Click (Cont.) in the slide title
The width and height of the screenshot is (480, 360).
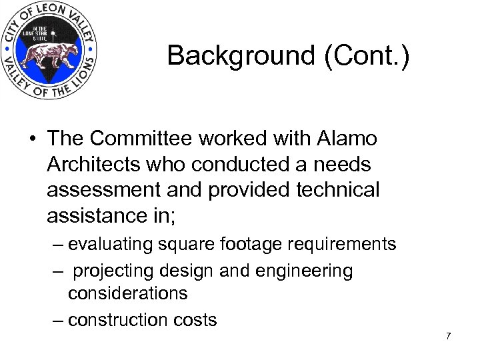click(366, 56)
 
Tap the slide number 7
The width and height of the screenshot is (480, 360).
click(449, 336)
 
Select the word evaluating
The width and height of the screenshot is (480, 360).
click(111, 245)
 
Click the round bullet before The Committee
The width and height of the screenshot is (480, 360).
click(31, 139)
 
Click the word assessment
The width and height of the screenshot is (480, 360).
click(102, 190)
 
